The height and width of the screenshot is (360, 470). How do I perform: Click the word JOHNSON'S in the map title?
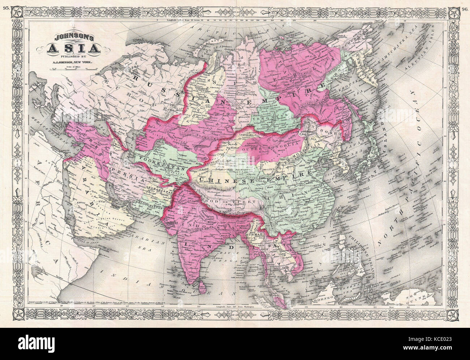click(74, 37)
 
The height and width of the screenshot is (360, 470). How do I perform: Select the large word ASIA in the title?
click(74, 48)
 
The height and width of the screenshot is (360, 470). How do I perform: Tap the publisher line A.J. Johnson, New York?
click(74, 63)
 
